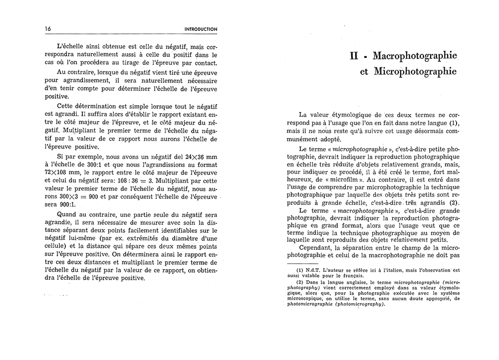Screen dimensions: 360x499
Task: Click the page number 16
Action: click(48, 29)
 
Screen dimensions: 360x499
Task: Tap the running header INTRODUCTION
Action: click(200, 29)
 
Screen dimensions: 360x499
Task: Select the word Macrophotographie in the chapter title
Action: click(415, 55)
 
